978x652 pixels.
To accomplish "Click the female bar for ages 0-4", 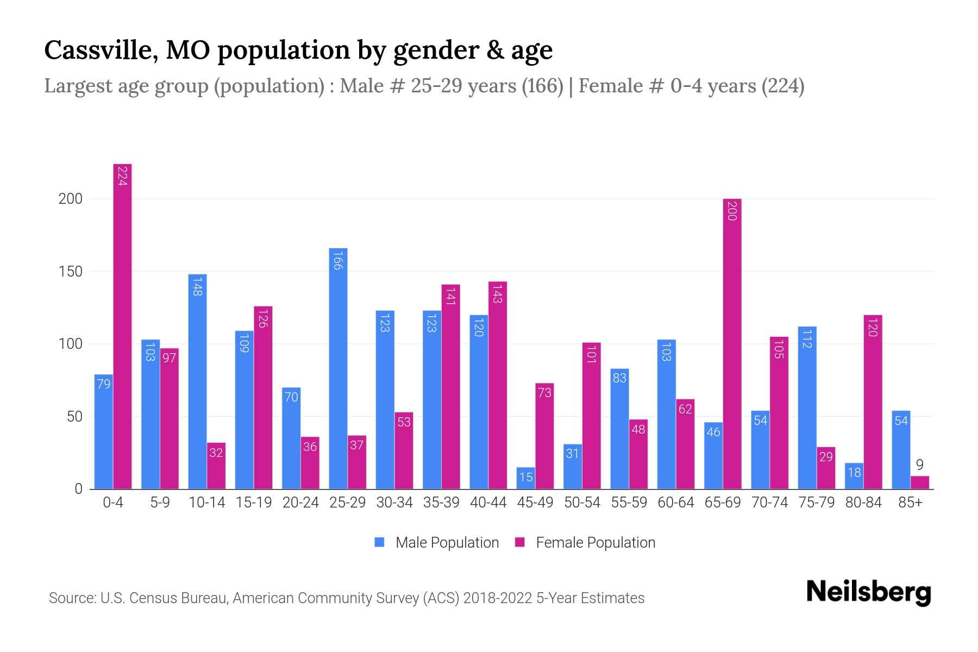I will [122, 326].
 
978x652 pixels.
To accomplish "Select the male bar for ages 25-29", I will [338, 369].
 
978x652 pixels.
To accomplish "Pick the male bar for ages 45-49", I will [525, 478].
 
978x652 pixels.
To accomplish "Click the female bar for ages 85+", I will [919, 482].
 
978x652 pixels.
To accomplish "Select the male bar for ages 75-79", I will [807, 407].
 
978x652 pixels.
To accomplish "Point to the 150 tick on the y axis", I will [71, 272].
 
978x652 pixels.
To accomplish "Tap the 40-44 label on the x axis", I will [488, 503].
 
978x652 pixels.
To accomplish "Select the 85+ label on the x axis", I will [910, 503].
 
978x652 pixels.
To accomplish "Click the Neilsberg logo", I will [868, 592].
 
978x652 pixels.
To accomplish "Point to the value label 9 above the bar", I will [919, 465].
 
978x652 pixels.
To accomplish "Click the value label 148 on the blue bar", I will [197, 286].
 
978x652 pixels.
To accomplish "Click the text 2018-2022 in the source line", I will [498, 598].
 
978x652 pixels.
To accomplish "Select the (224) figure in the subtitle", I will [782, 86].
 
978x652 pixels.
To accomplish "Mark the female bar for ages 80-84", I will [873, 402].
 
